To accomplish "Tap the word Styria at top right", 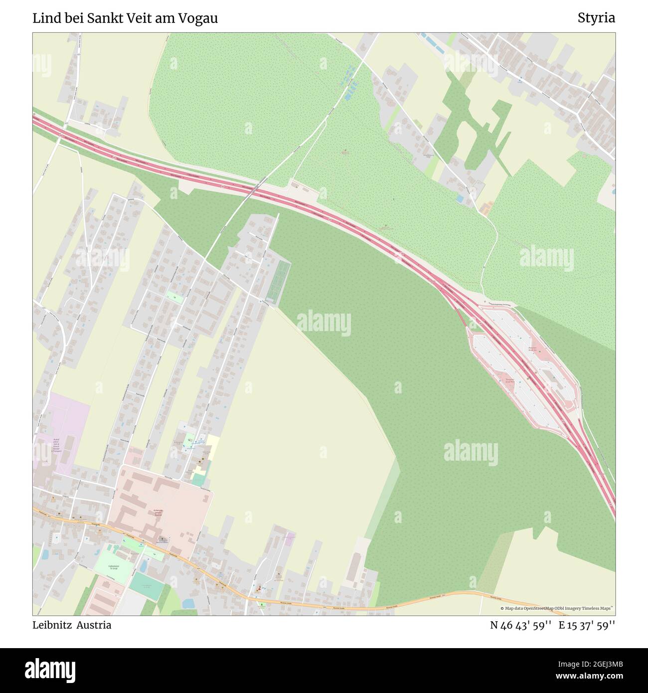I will click(596, 18).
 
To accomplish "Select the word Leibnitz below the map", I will click(52, 625).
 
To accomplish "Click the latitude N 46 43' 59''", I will click(520, 625).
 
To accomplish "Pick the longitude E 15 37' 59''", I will click(587, 625).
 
